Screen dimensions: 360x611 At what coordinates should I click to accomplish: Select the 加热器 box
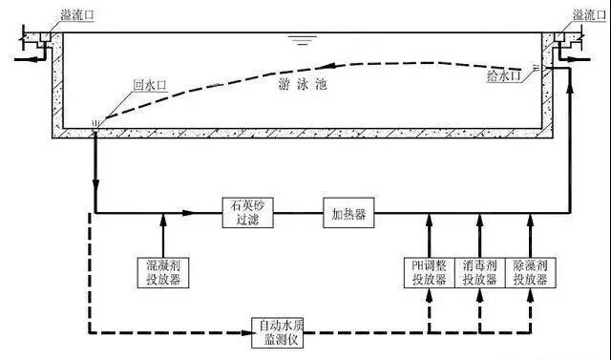(x=347, y=212)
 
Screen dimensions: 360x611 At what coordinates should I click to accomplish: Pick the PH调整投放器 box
(x=425, y=272)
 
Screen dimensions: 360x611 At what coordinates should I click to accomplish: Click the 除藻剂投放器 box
(x=531, y=272)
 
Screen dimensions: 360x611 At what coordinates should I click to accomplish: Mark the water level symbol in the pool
(x=304, y=40)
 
